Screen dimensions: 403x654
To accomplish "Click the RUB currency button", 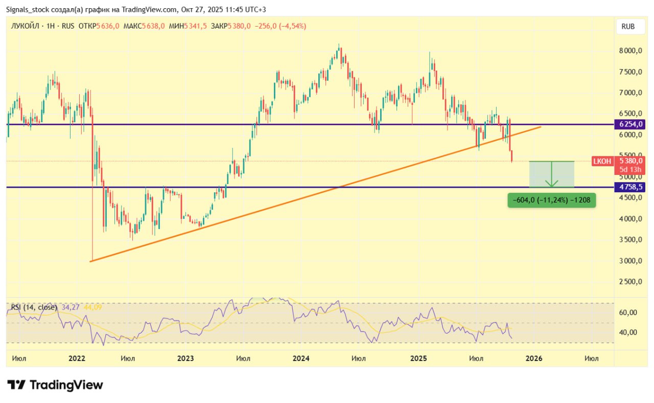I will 628,27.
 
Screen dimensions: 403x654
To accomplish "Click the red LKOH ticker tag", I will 601,161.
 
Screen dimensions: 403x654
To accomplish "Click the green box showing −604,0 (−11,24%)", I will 551,200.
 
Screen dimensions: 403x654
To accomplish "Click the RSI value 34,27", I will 71,307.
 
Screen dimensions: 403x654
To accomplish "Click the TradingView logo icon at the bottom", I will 16,385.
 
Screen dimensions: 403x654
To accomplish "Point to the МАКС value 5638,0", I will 153,26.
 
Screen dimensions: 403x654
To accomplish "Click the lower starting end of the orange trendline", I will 90,261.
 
